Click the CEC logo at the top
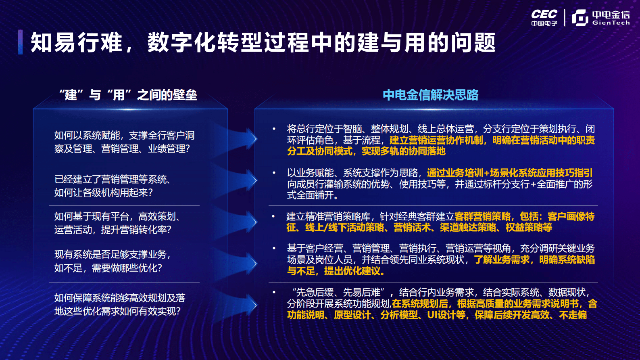(544, 17)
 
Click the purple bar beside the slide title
(20, 42)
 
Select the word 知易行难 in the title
(76, 42)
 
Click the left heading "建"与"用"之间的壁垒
(128, 95)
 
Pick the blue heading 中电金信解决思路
(430, 95)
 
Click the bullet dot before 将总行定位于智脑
(274, 129)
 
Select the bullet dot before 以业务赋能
(274, 173)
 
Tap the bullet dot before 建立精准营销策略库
(273, 216)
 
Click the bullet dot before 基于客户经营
(274, 249)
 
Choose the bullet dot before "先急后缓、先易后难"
(274, 292)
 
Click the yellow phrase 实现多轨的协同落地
(403, 151)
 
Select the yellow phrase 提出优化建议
(354, 271)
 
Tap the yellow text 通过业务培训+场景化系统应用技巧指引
(509, 173)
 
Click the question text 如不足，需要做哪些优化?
(108, 268)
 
